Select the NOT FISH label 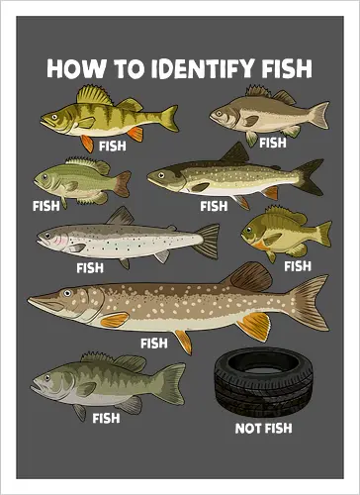[262, 429]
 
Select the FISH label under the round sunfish [297, 265]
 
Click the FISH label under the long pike [154, 344]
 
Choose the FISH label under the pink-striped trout [89, 267]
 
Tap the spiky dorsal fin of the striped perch [94, 95]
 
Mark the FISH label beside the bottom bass [106, 418]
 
